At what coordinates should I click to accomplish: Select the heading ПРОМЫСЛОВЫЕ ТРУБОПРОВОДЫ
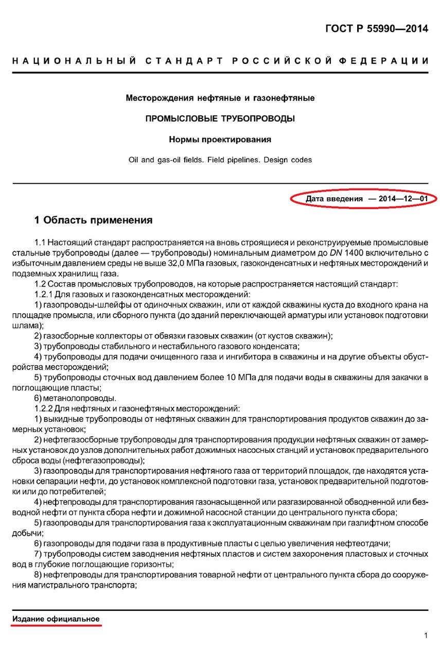[220, 118]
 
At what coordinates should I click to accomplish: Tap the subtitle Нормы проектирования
[220, 139]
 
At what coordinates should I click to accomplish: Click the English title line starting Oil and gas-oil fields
[220, 160]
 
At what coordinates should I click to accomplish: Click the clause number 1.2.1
[45, 294]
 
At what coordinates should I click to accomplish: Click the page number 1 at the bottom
[426, 635]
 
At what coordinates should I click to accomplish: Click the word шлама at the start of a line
[24, 326]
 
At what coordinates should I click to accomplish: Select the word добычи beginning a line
[25, 533]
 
